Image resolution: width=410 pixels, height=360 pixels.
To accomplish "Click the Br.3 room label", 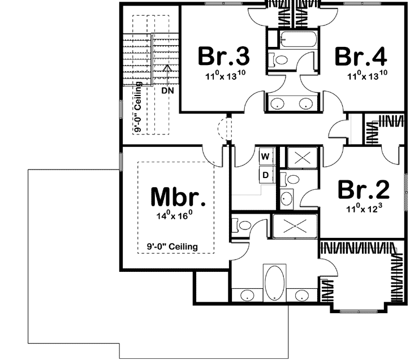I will click(x=224, y=57).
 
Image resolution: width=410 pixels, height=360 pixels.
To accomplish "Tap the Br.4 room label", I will click(x=361, y=57).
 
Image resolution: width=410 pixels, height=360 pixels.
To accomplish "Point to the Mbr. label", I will click(x=177, y=197).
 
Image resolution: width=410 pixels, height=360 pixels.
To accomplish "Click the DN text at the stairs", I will click(x=167, y=90).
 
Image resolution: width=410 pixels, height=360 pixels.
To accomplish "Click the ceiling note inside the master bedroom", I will click(x=171, y=246).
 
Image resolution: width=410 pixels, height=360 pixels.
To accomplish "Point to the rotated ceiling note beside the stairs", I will click(x=137, y=107).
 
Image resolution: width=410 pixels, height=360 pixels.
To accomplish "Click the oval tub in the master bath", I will click(x=272, y=283).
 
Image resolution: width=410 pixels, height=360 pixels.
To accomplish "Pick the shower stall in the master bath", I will click(x=295, y=227).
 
